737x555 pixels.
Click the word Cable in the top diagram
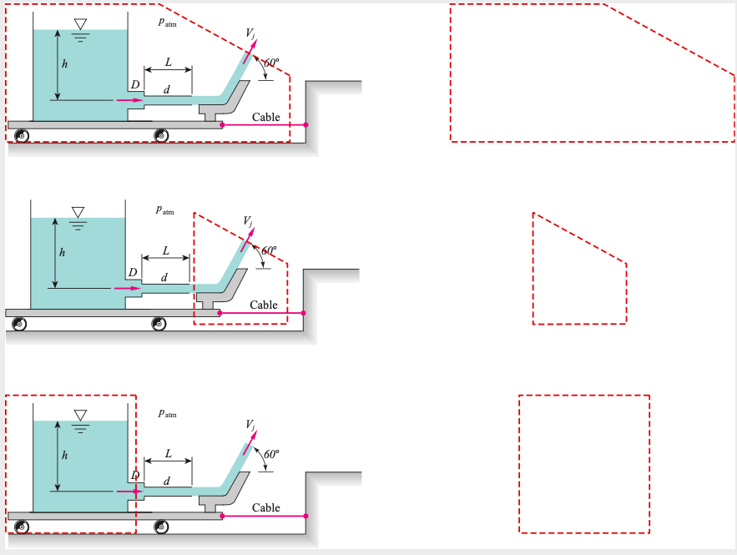pos(266,117)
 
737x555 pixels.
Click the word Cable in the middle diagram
pos(264,305)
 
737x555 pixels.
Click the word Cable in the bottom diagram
pos(266,507)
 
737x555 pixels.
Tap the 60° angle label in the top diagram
pos(272,63)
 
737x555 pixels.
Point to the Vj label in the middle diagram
pos(248,221)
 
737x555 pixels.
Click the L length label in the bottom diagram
pos(168,454)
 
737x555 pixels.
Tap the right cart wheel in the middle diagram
pos(159,324)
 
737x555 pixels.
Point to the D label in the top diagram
pos(134,85)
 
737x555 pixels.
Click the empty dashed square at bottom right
pos(584,463)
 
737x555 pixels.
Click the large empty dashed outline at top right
pos(584,75)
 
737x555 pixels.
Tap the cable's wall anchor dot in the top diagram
pos(305,125)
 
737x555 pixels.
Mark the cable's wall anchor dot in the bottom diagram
pos(305,517)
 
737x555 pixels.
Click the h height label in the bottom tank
pos(65,456)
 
